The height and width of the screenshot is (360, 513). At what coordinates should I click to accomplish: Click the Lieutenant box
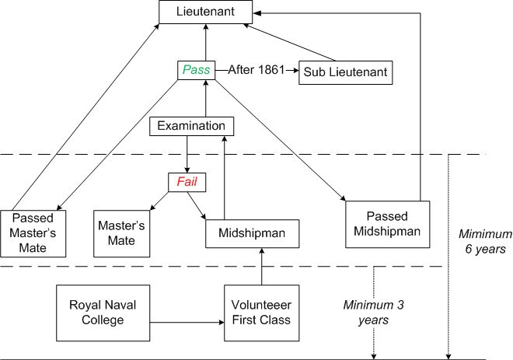tap(206, 12)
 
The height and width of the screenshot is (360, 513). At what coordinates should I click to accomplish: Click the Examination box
tap(191, 126)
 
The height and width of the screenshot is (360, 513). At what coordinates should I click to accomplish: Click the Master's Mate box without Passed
tap(117, 232)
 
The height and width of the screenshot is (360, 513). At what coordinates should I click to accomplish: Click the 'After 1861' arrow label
tap(253, 70)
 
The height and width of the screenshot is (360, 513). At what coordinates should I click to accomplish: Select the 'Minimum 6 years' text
tap(485, 241)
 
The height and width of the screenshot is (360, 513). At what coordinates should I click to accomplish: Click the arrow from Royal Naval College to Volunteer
tap(187, 320)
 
